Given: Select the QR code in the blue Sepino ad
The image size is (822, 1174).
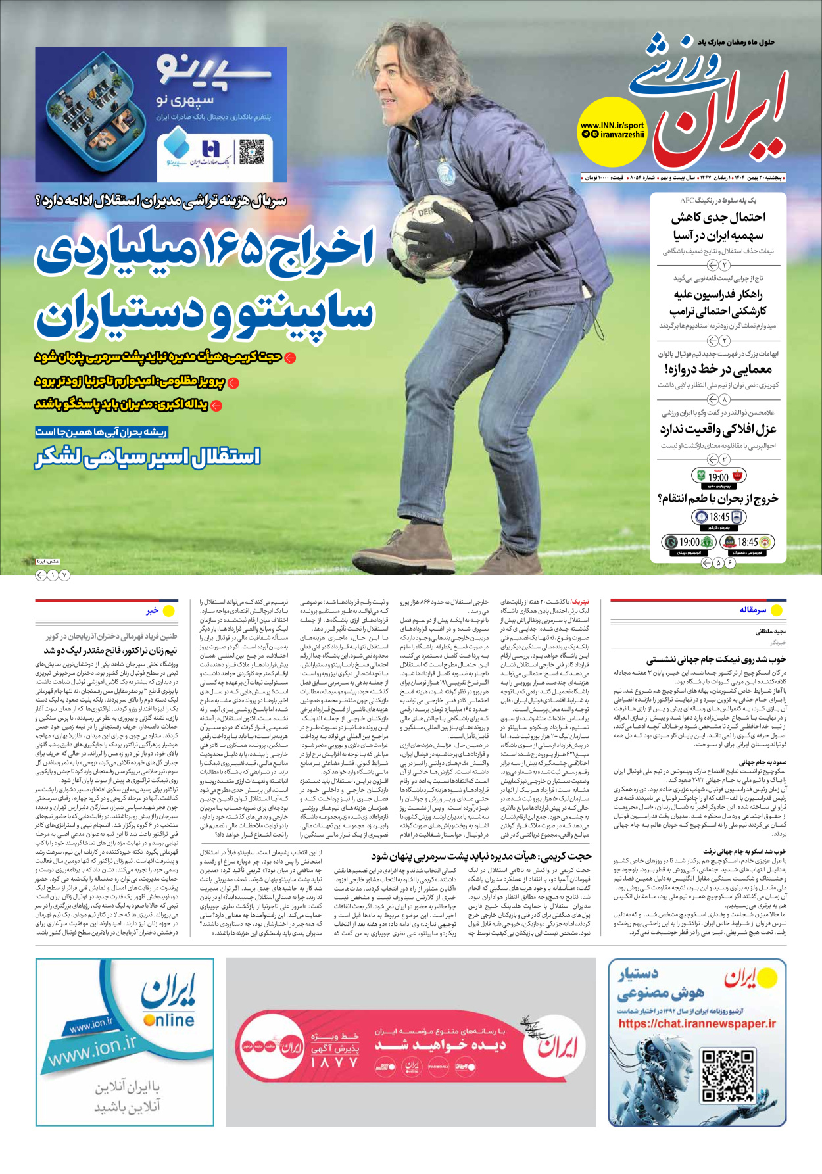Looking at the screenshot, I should [251, 152].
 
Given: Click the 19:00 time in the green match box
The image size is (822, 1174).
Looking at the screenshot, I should [718, 477].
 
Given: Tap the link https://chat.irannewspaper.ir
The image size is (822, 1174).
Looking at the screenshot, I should [696, 1023].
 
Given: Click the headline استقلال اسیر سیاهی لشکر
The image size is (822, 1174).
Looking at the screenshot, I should [148, 456].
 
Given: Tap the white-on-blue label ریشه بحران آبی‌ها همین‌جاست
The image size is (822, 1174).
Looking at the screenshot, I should [102, 432].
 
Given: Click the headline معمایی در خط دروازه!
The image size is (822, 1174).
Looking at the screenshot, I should [718, 370].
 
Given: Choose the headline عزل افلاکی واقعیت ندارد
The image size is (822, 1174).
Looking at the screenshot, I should [718, 429].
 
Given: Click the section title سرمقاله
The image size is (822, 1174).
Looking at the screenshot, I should [752, 610].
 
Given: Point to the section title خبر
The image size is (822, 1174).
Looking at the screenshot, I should [153, 610].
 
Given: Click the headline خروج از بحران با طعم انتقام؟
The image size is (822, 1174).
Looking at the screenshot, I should [718, 498].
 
